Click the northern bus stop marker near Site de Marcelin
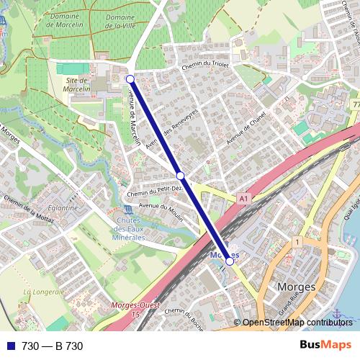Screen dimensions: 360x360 130,78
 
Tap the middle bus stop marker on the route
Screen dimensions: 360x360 181,175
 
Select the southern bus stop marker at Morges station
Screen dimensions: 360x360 230,261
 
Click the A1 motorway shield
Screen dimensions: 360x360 244,197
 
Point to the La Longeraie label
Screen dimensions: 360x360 45,292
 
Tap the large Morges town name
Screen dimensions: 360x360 296,287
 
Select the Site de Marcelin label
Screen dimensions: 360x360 76,85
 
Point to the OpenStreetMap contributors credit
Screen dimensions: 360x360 297,322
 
